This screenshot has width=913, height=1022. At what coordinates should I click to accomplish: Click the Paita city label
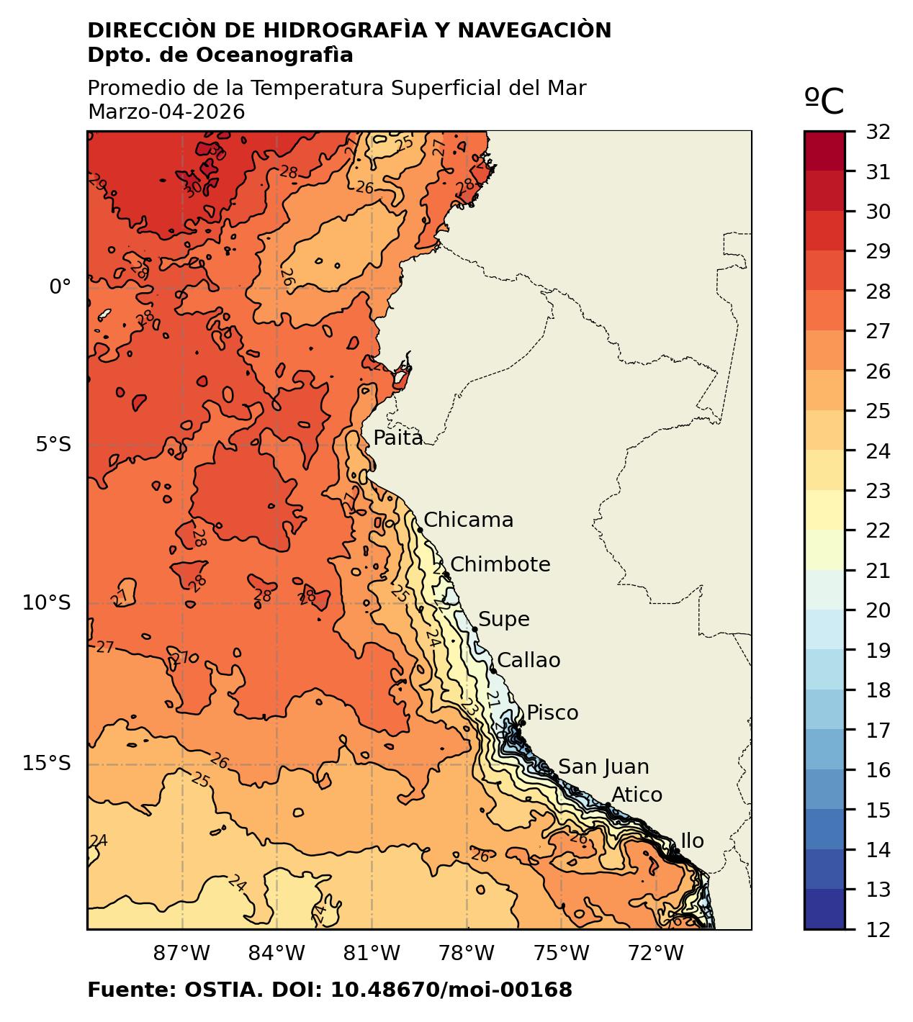[397, 438]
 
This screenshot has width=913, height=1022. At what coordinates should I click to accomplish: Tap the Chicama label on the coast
[468, 520]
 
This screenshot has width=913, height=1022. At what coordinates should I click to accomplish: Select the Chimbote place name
[500, 565]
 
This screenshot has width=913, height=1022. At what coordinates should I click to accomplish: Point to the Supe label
[503, 620]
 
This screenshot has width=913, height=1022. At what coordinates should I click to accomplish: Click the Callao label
[529, 661]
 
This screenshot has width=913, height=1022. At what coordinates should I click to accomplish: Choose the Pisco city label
[552, 713]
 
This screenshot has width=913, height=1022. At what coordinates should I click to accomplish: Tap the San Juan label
[603, 768]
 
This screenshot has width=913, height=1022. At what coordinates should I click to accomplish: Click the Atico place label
[637, 795]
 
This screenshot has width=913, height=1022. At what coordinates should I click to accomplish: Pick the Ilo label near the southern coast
[692, 841]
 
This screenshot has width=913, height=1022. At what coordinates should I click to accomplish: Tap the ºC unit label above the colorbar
[824, 101]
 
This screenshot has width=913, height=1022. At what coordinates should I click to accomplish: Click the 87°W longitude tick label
[182, 954]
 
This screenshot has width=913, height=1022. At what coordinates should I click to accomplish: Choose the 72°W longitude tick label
[655, 954]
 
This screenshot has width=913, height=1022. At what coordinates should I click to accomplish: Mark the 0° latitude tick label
[60, 287]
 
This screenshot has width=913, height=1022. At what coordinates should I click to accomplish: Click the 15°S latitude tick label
[47, 763]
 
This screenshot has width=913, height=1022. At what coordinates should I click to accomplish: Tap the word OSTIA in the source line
[222, 990]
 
